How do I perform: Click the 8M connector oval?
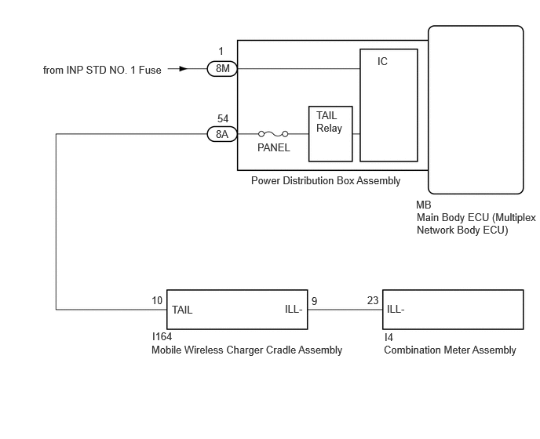coord(222,69)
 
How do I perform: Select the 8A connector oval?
coord(222,134)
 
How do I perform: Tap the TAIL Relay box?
coord(330,133)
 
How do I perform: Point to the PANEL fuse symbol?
coord(273,134)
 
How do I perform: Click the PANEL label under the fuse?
coord(273,147)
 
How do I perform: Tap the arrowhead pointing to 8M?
coord(184,69)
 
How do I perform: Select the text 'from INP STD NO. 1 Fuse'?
coord(102,70)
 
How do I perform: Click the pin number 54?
coord(223,118)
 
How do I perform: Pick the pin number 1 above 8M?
coord(221,52)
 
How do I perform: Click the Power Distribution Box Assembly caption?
coord(326,181)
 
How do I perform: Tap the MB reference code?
coord(424,205)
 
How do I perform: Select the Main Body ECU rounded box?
coord(475,109)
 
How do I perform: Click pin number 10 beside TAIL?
coord(158,300)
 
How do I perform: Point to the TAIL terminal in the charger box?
coord(182,310)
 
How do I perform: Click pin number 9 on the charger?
coord(314,300)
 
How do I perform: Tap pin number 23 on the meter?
coord(373,300)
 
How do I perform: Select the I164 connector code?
coord(162,337)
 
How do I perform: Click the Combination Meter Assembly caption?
coord(450,350)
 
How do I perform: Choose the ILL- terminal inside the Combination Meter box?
coord(395,310)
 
